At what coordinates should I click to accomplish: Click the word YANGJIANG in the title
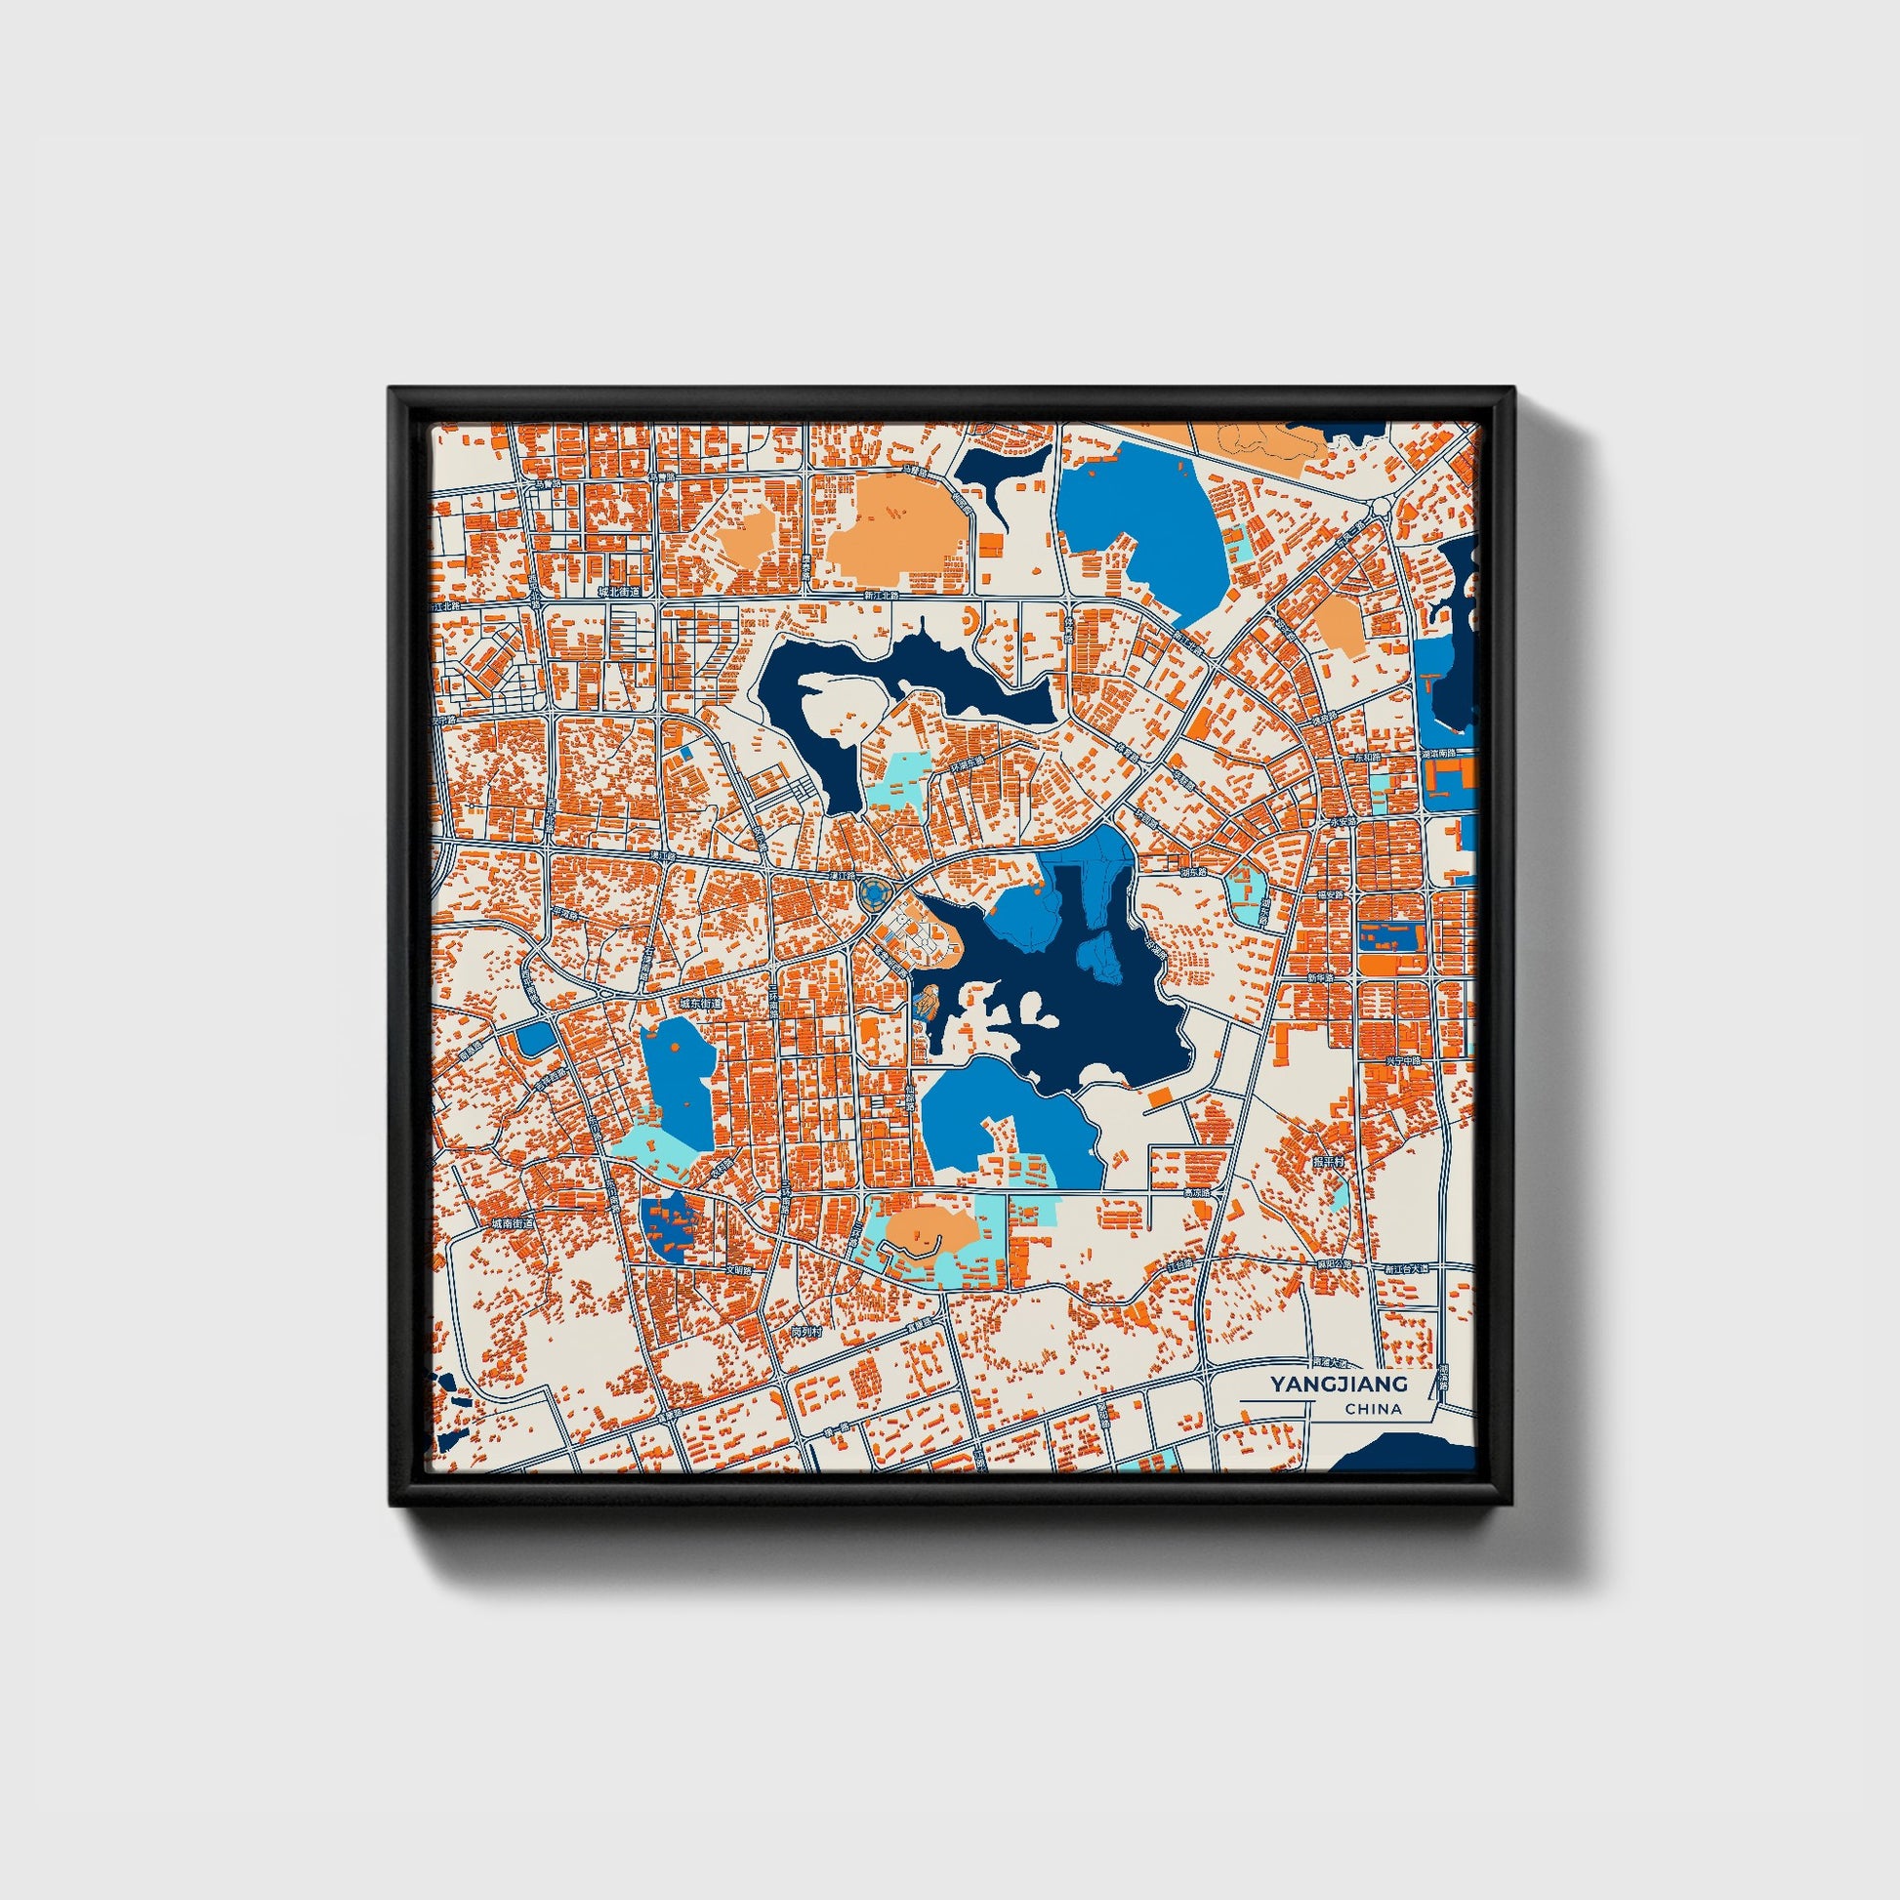pyautogui.click(x=1338, y=1384)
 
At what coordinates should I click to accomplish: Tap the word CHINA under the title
pyautogui.click(x=1373, y=1409)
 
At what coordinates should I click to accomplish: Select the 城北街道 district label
pyautogui.click(x=619, y=592)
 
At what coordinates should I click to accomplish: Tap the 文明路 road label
pyautogui.click(x=737, y=1269)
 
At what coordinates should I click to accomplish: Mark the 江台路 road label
pyautogui.click(x=1181, y=1263)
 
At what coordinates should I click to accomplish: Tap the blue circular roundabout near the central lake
pyautogui.click(x=872, y=893)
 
